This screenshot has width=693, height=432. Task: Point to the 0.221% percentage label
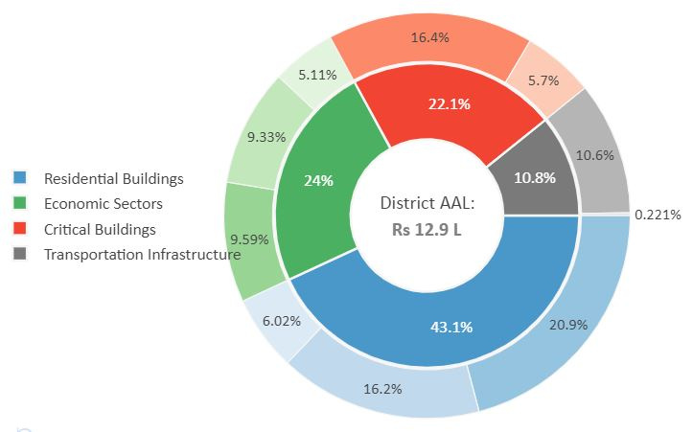658,215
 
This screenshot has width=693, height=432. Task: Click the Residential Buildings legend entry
113,178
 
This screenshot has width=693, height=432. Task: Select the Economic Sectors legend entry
103,203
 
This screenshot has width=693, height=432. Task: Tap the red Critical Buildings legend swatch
20,229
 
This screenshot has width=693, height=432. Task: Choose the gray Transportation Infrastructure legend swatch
20,254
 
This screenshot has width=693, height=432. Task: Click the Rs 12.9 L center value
427,230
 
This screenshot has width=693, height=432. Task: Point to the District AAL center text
427,203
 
